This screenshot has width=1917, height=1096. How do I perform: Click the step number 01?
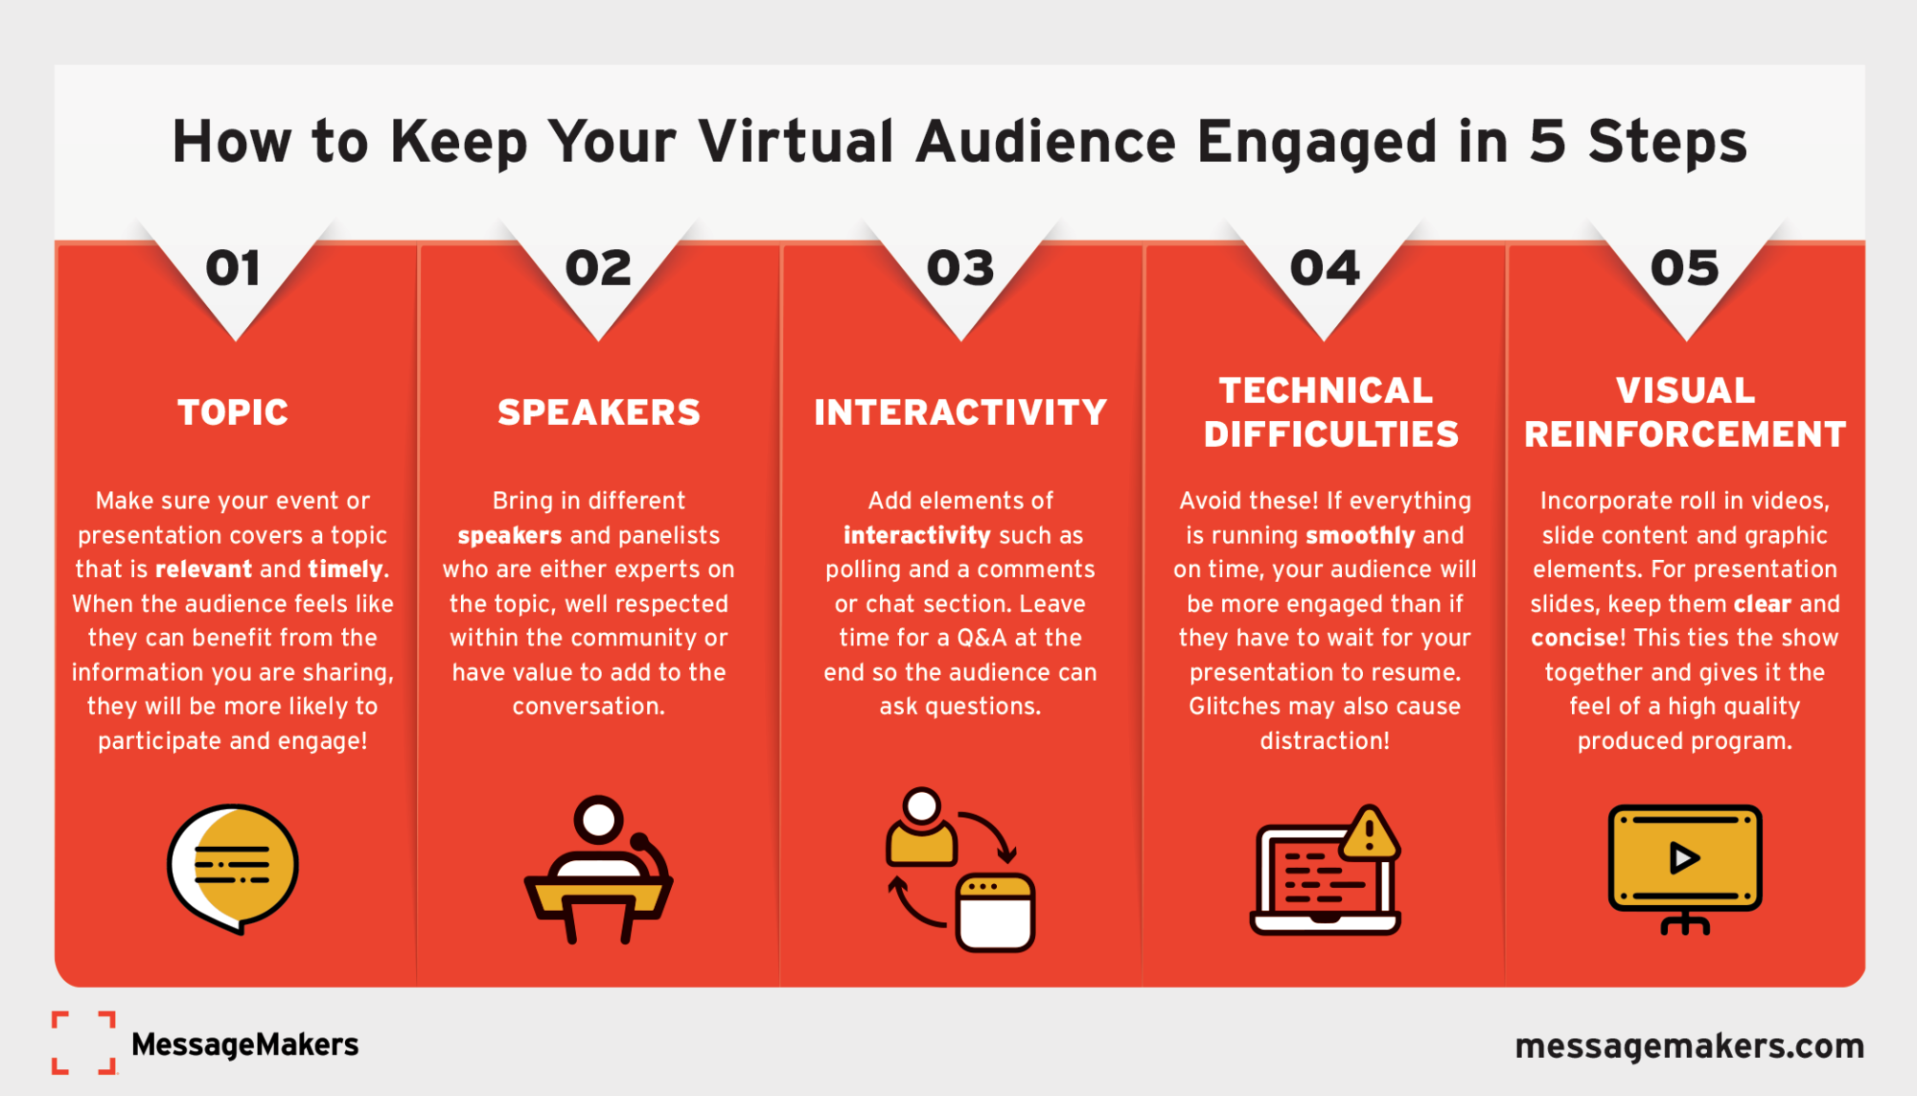(233, 268)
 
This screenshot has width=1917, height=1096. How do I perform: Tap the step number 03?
(960, 268)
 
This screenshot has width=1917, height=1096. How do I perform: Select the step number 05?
(1685, 268)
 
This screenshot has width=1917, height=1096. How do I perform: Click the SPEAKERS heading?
(599, 412)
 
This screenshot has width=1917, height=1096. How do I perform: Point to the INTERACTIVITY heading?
(960, 412)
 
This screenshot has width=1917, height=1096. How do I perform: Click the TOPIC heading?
(233, 412)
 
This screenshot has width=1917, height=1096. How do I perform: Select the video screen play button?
(1684, 858)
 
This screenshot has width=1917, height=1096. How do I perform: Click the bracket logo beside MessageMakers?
(84, 1042)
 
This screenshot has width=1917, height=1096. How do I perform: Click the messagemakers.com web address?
(1689, 1045)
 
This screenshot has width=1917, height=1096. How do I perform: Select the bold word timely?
(345, 570)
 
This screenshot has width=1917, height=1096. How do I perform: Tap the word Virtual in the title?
(797, 142)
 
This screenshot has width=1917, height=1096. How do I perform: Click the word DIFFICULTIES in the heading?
(1331, 434)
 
